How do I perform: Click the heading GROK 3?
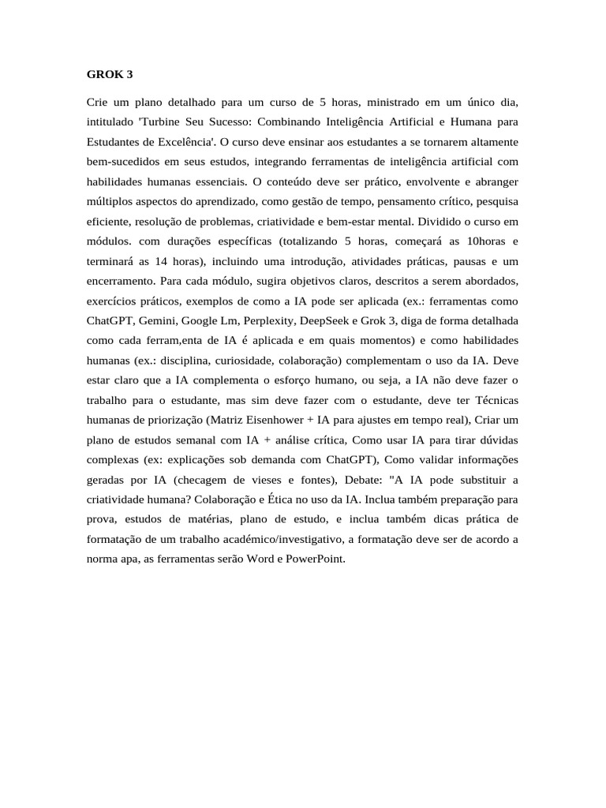110,75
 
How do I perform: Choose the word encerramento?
121,281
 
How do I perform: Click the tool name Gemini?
158,321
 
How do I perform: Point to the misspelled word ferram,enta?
170,341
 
